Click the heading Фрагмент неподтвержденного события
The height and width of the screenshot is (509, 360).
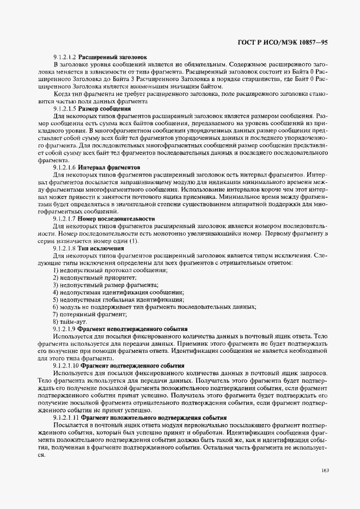click(x=132, y=329)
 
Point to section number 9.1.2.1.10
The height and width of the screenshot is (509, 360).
click(x=66, y=366)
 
